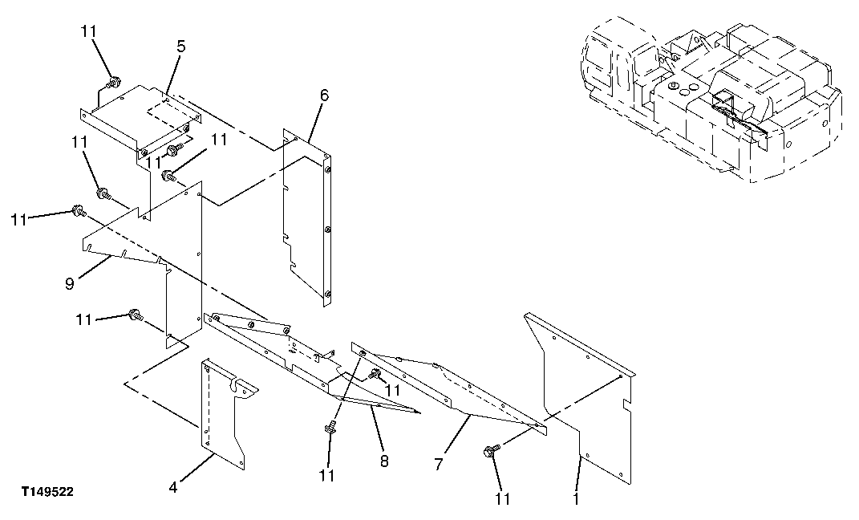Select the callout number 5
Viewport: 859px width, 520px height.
[x=181, y=47]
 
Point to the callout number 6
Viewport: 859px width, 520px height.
[x=323, y=95]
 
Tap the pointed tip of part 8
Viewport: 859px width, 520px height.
[x=418, y=412]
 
